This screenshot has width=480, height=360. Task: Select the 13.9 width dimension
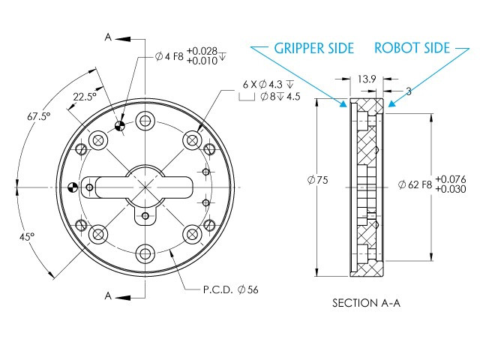pyautogui.click(x=367, y=78)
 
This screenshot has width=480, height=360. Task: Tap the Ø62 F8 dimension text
pyautogui.click(x=414, y=184)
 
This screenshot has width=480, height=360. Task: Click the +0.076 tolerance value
pyautogui.click(x=450, y=178)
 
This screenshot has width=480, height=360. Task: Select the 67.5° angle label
pyautogui.click(x=38, y=116)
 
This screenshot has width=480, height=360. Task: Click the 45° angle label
pyautogui.click(x=27, y=236)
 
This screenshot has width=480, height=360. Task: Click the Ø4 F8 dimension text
pyautogui.click(x=169, y=55)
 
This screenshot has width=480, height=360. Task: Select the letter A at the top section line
pyautogui.click(x=109, y=37)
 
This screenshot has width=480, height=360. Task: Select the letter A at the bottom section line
pyautogui.click(x=109, y=296)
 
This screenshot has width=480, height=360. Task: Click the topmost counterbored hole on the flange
pyautogui.click(x=145, y=120)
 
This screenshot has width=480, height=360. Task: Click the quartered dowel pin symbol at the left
pyautogui.click(x=73, y=186)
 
